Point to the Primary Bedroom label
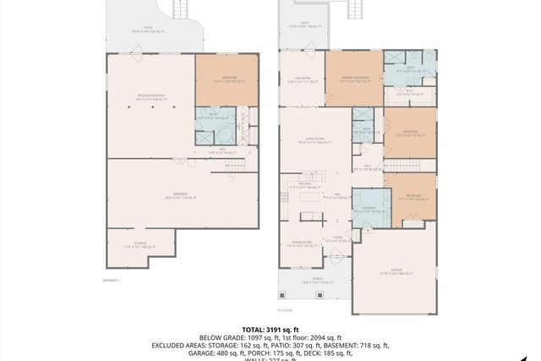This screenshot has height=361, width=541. tap(353, 79)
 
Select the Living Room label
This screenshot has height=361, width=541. tap(314, 142)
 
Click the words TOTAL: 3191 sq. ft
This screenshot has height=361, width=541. tap(270, 329)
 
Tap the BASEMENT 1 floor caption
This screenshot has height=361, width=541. tap(112, 280)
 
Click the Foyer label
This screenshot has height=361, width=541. tap(337, 238)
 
